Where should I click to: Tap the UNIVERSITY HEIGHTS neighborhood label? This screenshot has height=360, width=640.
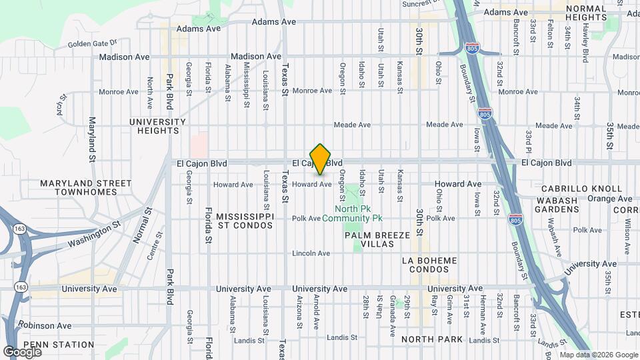(157, 126)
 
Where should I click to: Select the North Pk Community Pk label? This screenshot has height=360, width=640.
(353, 213)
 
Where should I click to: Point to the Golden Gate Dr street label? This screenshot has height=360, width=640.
(93, 44)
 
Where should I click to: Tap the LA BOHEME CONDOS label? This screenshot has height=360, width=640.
(430, 265)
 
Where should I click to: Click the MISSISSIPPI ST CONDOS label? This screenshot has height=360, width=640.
(245, 222)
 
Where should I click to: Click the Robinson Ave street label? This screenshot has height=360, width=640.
(45, 326)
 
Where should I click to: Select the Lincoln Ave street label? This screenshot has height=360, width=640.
(311, 253)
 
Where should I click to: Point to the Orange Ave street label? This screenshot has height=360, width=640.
(609, 199)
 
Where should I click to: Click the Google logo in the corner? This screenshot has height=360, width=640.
(22, 351)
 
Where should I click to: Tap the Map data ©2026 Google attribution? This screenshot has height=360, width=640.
(598, 355)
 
